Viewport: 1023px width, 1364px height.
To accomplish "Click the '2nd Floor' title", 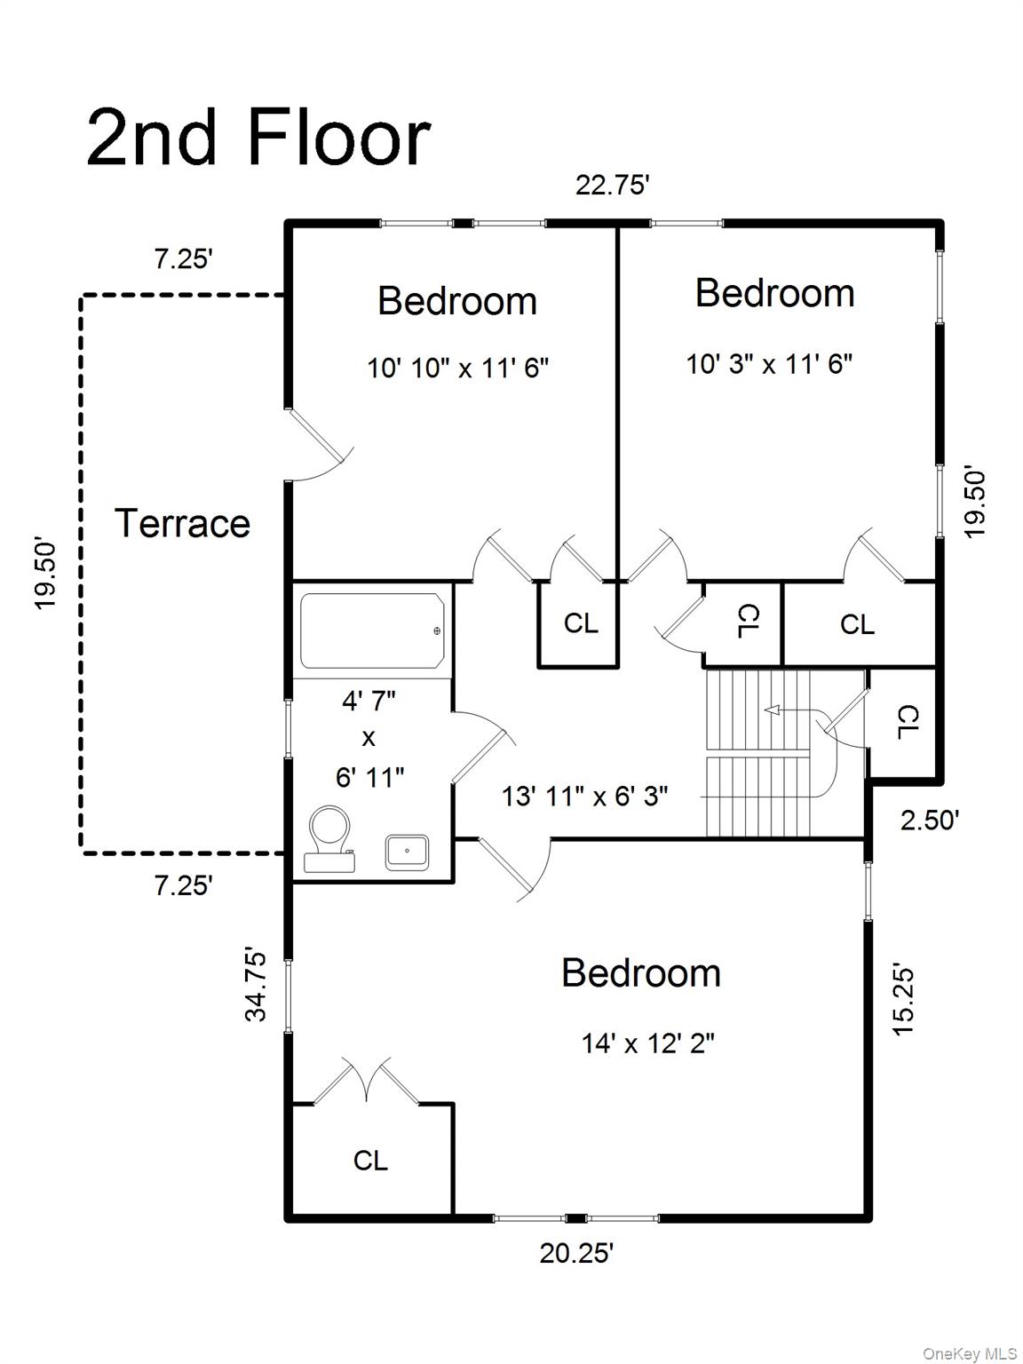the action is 258,138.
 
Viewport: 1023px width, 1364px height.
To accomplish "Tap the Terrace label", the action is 183,523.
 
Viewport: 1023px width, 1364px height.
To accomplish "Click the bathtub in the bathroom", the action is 373,630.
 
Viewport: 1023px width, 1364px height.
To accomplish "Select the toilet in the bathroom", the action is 329,840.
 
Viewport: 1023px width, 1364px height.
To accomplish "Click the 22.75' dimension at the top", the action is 613,186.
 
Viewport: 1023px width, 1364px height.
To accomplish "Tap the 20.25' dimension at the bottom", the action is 575,1253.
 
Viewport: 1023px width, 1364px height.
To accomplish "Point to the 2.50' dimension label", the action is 930,821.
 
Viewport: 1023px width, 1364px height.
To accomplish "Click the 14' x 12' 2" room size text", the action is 648,1043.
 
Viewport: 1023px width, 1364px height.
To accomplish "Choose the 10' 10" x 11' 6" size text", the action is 457,368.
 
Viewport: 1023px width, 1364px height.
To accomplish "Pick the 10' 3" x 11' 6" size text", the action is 769,363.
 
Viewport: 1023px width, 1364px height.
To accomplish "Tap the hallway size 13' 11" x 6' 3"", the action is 584,796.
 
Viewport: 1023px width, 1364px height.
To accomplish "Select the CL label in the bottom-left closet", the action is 371,1160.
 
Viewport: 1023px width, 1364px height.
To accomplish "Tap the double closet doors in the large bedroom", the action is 368,1081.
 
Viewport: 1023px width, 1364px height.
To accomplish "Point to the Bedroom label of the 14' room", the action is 641,973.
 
